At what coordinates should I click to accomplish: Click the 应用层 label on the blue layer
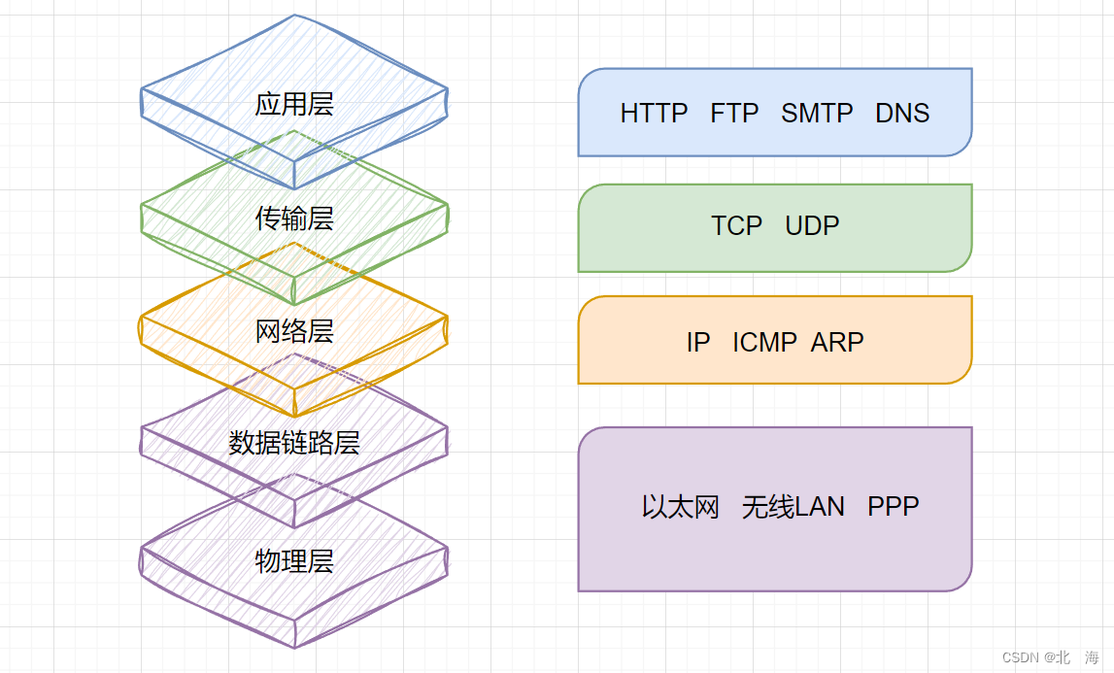click(x=294, y=104)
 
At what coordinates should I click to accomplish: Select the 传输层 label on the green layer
click(x=294, y=219)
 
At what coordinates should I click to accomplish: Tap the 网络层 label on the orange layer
click(x=294, y=331)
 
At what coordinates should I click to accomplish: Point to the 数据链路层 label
click(x=294, y=443)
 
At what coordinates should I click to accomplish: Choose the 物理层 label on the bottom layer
click(x=294, y=560)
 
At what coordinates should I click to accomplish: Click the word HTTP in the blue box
click(x=654, y=114)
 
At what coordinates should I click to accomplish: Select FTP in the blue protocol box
click(x=734, y=114)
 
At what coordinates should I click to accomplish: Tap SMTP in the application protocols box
click(x=817, y=114)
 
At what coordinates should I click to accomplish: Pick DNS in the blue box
click(x=902, y=114)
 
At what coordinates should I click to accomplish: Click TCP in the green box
click(x=736, y=226)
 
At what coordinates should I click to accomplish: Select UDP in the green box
click(x=812, y=226)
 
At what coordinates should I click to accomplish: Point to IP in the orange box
click(x=697, y=342)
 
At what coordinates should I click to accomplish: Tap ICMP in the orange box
click(x=764, y=342)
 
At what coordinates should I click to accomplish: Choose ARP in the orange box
click(x=837, y=342)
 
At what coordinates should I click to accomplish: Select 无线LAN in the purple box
click(x=793, y=507)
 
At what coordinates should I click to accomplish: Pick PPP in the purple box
click(x=894, y=507)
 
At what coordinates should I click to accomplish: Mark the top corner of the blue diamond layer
click(x=294, y=17)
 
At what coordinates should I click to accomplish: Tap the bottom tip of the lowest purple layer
click(x=294, y=647)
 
